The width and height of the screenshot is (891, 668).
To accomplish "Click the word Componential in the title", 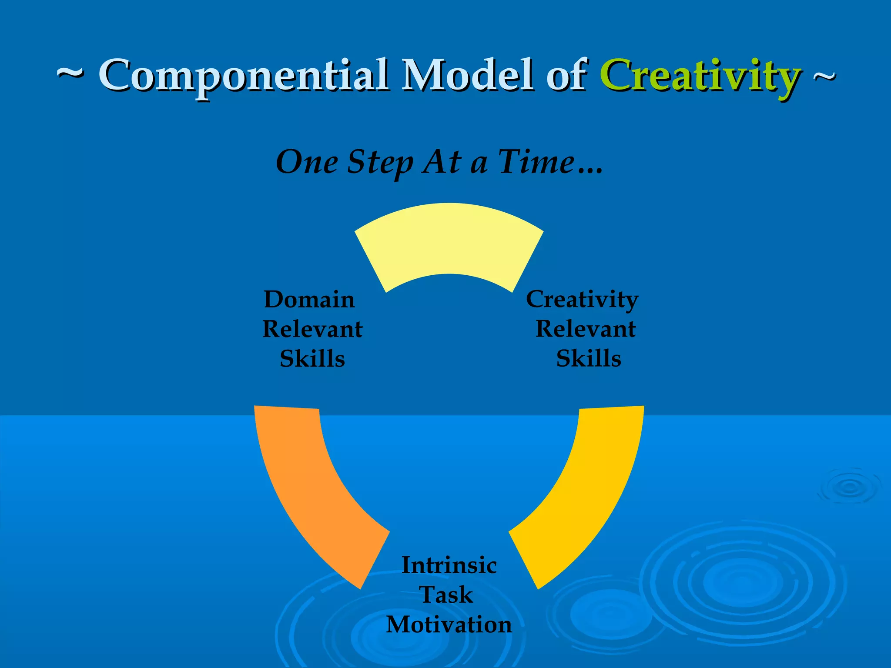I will click(244, 76).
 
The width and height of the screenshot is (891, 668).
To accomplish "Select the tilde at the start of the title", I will click(70, 74).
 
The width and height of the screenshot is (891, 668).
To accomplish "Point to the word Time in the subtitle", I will click(536, 162).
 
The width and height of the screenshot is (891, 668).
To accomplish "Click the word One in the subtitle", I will click(307, 162).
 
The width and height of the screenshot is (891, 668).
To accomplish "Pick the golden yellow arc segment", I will click(587, 491).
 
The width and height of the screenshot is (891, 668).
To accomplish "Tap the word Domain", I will click(309, 300).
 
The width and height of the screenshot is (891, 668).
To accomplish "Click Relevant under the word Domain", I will click(312, 329).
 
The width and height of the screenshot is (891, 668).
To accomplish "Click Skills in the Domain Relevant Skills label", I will click(312, 359).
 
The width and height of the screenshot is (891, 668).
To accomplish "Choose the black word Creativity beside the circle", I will click(582, 300).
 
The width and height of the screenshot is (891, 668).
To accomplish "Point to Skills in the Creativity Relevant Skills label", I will click(588, 358).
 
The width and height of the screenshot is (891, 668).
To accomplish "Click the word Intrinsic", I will click(449, 565).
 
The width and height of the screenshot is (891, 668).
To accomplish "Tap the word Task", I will click(446, 595).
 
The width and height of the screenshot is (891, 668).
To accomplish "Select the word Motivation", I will click(449, 625).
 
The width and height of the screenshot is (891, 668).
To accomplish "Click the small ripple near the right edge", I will click(849, 487).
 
